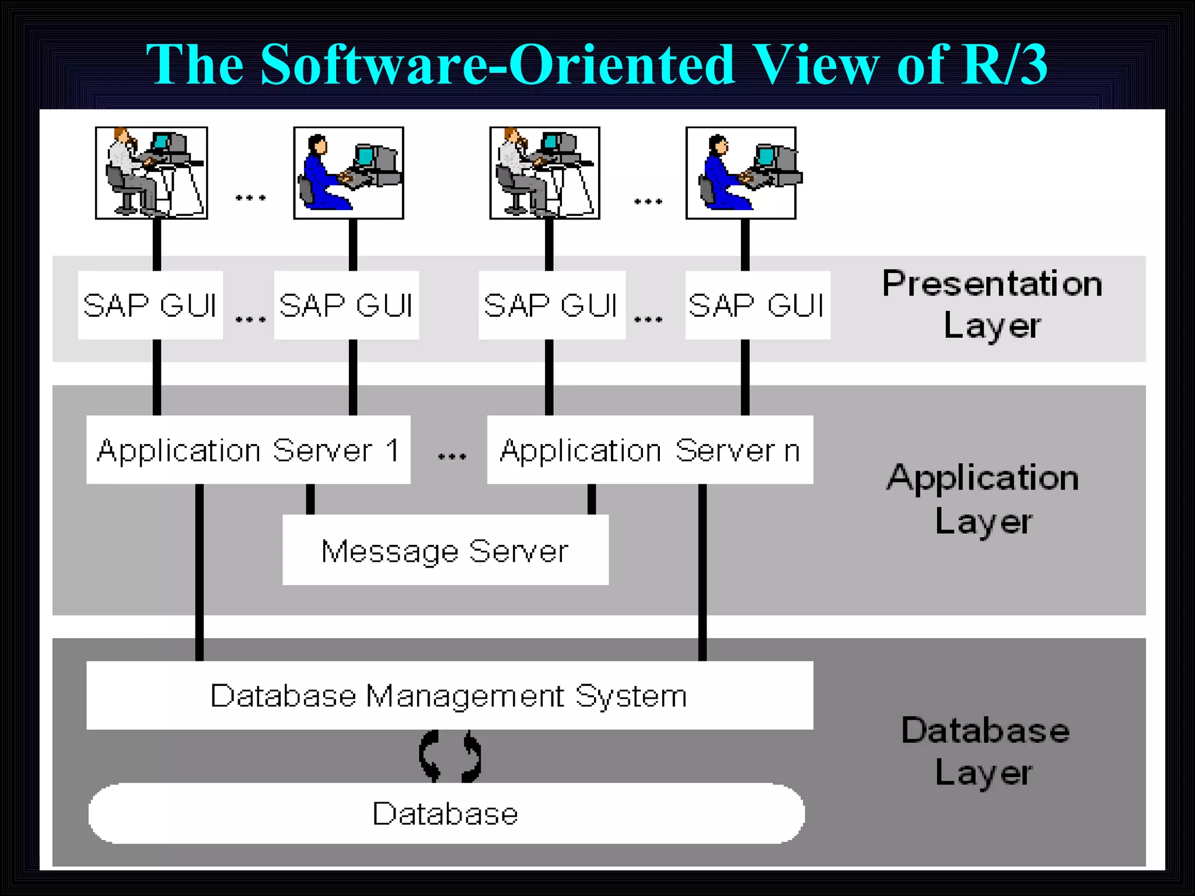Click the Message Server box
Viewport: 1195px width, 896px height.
(445, 550)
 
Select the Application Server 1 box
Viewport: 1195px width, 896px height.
(248, 450)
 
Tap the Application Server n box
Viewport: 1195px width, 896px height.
(650, 450)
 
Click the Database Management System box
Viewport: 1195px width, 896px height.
(449, 695)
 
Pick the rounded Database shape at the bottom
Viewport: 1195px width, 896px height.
(446, 813)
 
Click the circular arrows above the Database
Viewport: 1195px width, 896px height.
(450, 756)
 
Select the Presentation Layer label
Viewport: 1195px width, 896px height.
(992, 304)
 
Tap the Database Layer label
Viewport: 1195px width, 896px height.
(985, 751)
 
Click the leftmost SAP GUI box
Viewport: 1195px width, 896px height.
(151, 305)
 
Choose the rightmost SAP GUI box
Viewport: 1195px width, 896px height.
(757, 305)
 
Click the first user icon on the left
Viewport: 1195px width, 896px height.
(152, 173)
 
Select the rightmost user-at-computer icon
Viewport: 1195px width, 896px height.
(741, 173)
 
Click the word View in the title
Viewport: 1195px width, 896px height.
(815, 64)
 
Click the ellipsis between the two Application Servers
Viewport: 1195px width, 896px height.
(452, 456)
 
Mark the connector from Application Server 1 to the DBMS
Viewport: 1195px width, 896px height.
(200, 572)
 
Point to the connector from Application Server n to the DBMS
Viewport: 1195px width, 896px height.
(703, 572)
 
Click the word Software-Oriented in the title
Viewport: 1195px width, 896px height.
(497, 64)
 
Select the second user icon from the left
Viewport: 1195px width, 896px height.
(348, 173)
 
